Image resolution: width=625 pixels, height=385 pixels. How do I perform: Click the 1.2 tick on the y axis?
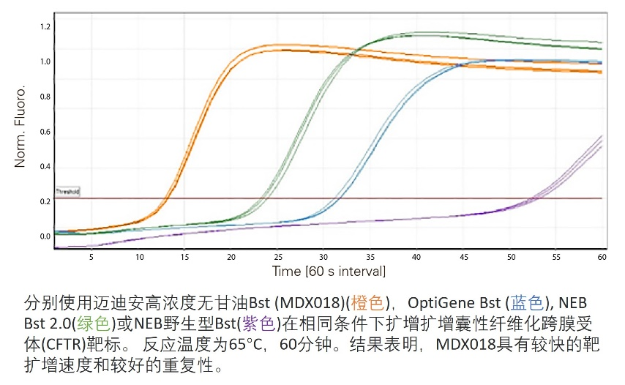tap(45, 27)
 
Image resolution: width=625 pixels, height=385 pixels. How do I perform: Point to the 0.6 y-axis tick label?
tap(45, 132)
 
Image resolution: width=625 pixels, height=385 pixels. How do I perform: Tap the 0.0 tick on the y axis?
tap(45, 236)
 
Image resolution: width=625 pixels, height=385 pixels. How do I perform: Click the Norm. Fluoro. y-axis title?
tap(21, 126)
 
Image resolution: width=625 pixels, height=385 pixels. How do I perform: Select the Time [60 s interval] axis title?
tap(329, 271)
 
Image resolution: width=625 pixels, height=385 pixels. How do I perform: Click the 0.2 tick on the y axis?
tap(45, 201)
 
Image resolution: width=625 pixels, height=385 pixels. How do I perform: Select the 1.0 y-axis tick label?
tap(45, 62)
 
